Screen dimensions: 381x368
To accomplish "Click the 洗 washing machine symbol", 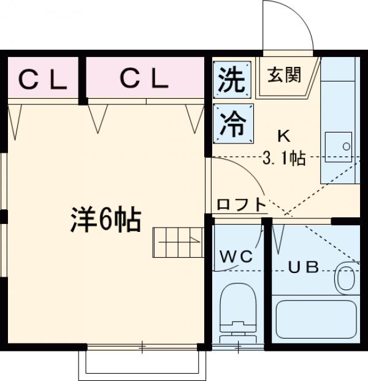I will tap(232, 80).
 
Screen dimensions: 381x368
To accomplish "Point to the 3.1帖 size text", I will tap(284, 158).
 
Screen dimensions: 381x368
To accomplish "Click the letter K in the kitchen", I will tap(283, 136).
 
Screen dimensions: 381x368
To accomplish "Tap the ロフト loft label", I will tap(241, 205).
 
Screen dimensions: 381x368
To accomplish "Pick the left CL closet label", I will tap(42, 78).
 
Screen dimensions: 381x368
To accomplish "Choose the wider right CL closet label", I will tap(143, 78).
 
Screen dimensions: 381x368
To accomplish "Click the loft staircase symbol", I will tap(177, 242).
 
